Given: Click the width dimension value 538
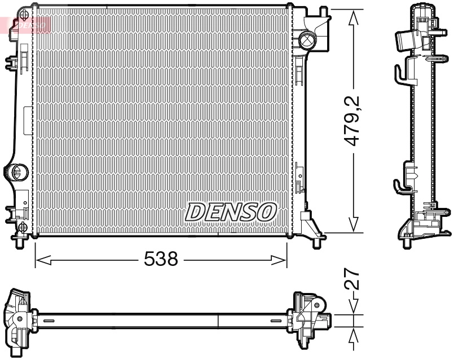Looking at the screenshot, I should click(x=161, y=260).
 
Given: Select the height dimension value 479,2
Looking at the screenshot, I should click(x=354, y=121).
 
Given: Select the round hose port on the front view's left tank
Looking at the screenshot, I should click(x=17, y=171).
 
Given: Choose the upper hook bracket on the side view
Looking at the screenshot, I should click(x=400, y=73).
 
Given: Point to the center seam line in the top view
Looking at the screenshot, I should click(x=218, y=320).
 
